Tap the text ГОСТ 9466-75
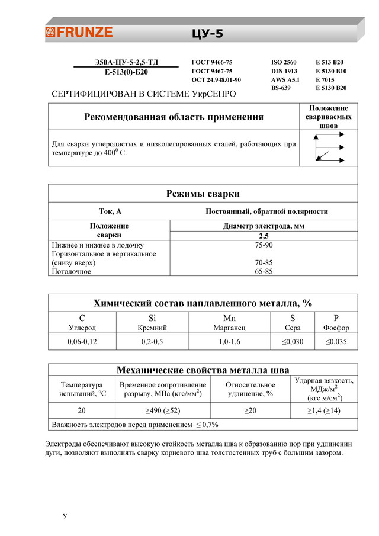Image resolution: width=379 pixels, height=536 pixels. point(212,62)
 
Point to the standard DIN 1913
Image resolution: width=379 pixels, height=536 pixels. point(284,71)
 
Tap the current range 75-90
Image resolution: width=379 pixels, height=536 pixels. point(264,245)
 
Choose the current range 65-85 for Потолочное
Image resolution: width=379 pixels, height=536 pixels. point(264,271)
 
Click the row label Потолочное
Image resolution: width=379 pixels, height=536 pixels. point(72,271)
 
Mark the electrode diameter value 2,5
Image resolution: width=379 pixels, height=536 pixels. point(264,236)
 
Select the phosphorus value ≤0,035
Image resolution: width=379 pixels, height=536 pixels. point(336,342)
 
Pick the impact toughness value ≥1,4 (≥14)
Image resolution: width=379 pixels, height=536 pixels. point(323,411)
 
